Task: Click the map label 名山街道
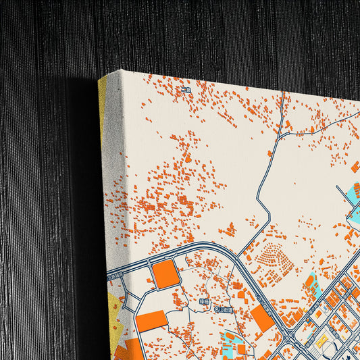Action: pyautogui.click(x=223, y=310)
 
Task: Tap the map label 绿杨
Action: pyautogui.click(x=204, y=301)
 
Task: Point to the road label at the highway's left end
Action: pyautogui.click(x=115, y=276)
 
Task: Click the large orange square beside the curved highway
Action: pyautogui.click(x=165, y=274)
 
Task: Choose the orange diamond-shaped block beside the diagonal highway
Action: pyautogui.click(x=263, y=318)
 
